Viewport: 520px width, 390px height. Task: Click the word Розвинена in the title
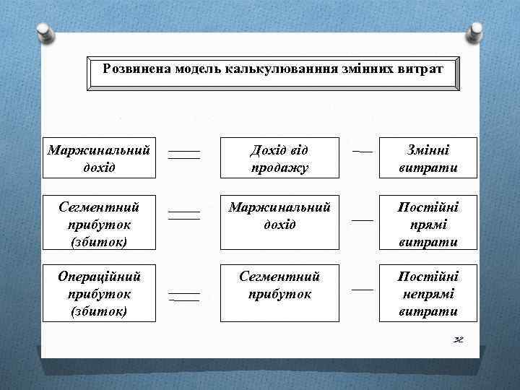click(131, 70)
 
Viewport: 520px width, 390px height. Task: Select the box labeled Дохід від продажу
click(279, 158)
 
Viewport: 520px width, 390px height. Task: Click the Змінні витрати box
click(428, 158)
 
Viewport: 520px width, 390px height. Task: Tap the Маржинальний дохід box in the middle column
click(279, 216)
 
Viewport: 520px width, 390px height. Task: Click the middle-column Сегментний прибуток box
click(279, 285)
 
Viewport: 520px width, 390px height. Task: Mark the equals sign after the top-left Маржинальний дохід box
click(184, 155)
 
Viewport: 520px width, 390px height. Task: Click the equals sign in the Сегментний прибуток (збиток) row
click(184, 214)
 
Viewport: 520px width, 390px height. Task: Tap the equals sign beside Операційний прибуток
click(184, 296)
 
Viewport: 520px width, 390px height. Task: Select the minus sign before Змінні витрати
click(363, 152)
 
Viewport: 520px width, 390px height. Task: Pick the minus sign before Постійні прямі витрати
click(363, 219)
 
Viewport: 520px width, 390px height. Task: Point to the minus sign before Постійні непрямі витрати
click(363, 289)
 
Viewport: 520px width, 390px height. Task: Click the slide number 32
click(458, 339)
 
